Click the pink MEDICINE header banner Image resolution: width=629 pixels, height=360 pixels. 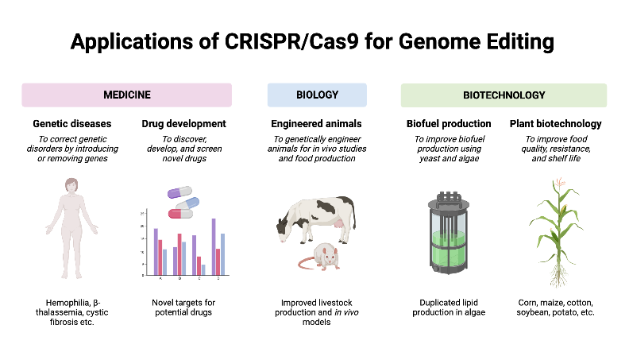[126, 95]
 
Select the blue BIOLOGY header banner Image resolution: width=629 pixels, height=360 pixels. [317, 95]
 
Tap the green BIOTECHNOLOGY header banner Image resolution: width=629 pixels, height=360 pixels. [504, 95]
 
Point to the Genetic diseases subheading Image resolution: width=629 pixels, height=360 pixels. [71, 124]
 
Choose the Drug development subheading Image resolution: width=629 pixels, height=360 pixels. [183, 124]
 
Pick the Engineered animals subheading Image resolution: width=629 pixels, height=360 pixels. [317, 124]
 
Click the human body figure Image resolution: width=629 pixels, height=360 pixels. [71, 226]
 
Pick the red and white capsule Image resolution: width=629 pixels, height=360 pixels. [180, 213]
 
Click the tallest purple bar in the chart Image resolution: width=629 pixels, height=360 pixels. [214, 246]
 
